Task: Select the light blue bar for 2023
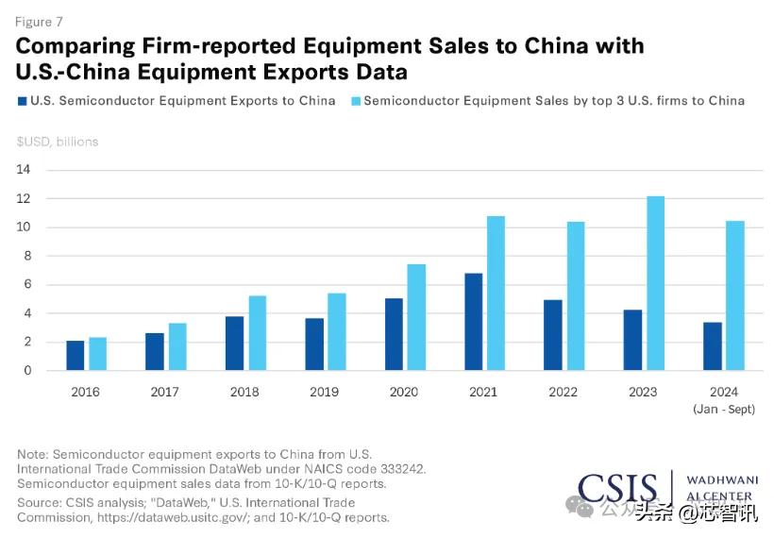click(655, 283)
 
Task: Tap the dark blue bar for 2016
click(76, 356)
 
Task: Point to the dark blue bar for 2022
click(553, 335)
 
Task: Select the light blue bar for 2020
click(416, 317)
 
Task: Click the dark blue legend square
click(22, 101)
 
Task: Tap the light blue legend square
click(355, 101)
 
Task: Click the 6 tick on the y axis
click(27, 284)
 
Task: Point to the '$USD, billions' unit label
click(58, 142)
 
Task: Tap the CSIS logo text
click(617, 489)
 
